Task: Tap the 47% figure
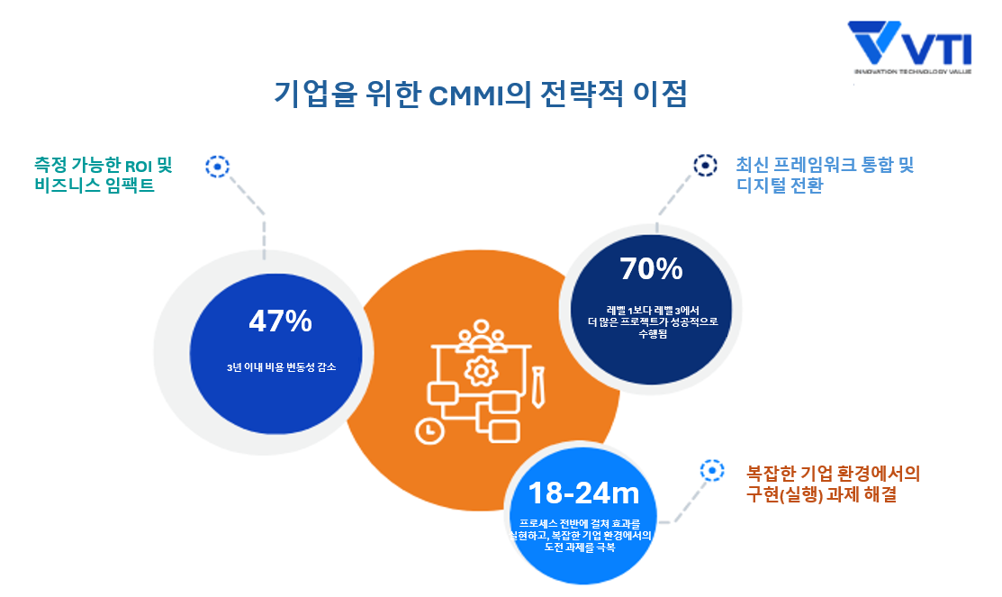click(280, 321)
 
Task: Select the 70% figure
click(651, 268)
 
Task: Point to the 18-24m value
click(583, 493)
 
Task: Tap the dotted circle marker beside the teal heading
click(217, 166)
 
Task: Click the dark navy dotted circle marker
click(705, 165)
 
